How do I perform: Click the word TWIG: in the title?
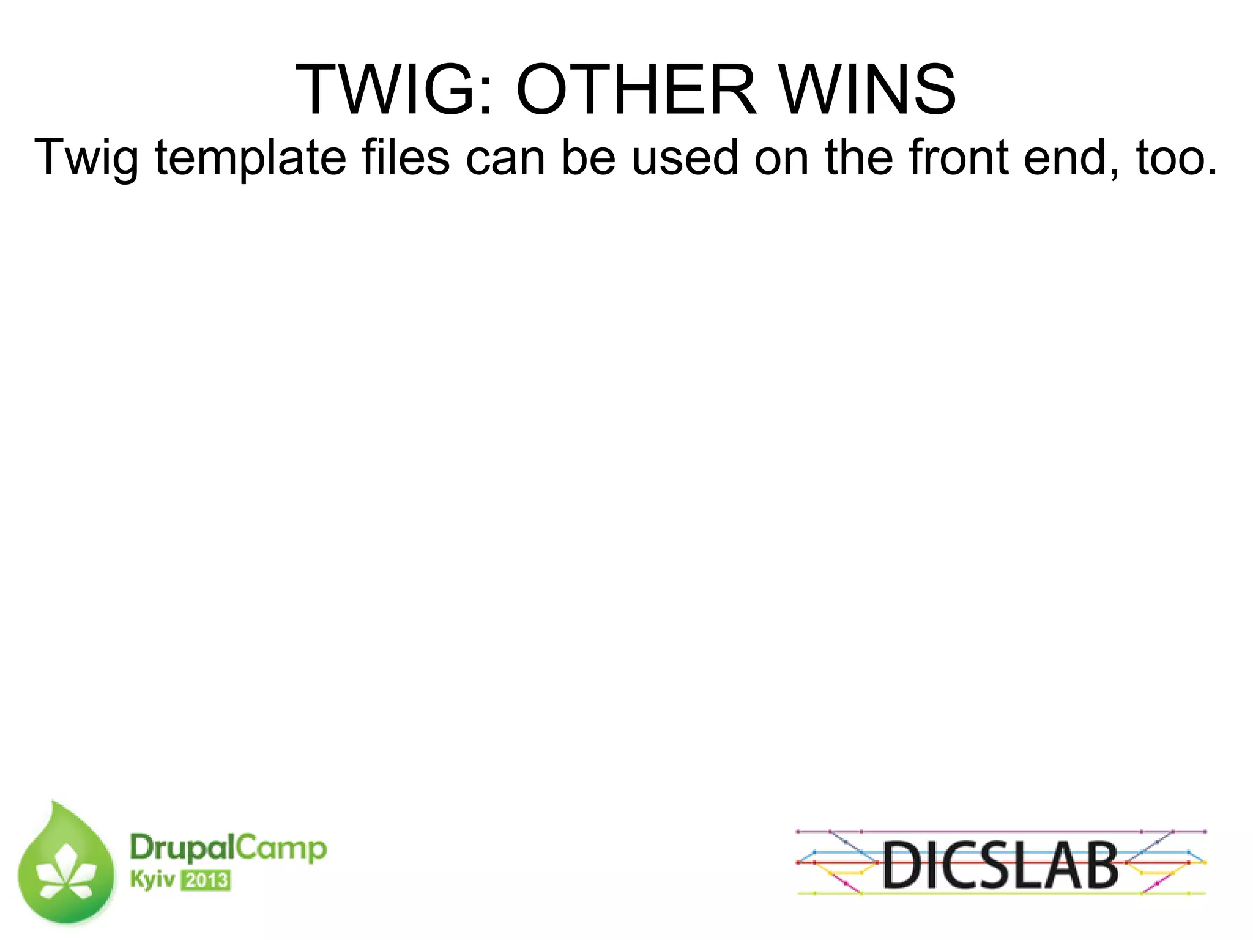[x=394, y=90]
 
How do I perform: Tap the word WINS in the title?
[x=868, y=90]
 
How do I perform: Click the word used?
[x=685, y=157]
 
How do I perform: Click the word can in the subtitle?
[x=505, y=158]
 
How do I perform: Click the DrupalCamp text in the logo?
[x=228, y=848]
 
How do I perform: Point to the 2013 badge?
[x=206, y=880]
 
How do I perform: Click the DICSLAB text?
[x=1000, y=864]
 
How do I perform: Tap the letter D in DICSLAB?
[x=903, y=864]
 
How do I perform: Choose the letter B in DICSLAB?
[x=1099, y=864]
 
